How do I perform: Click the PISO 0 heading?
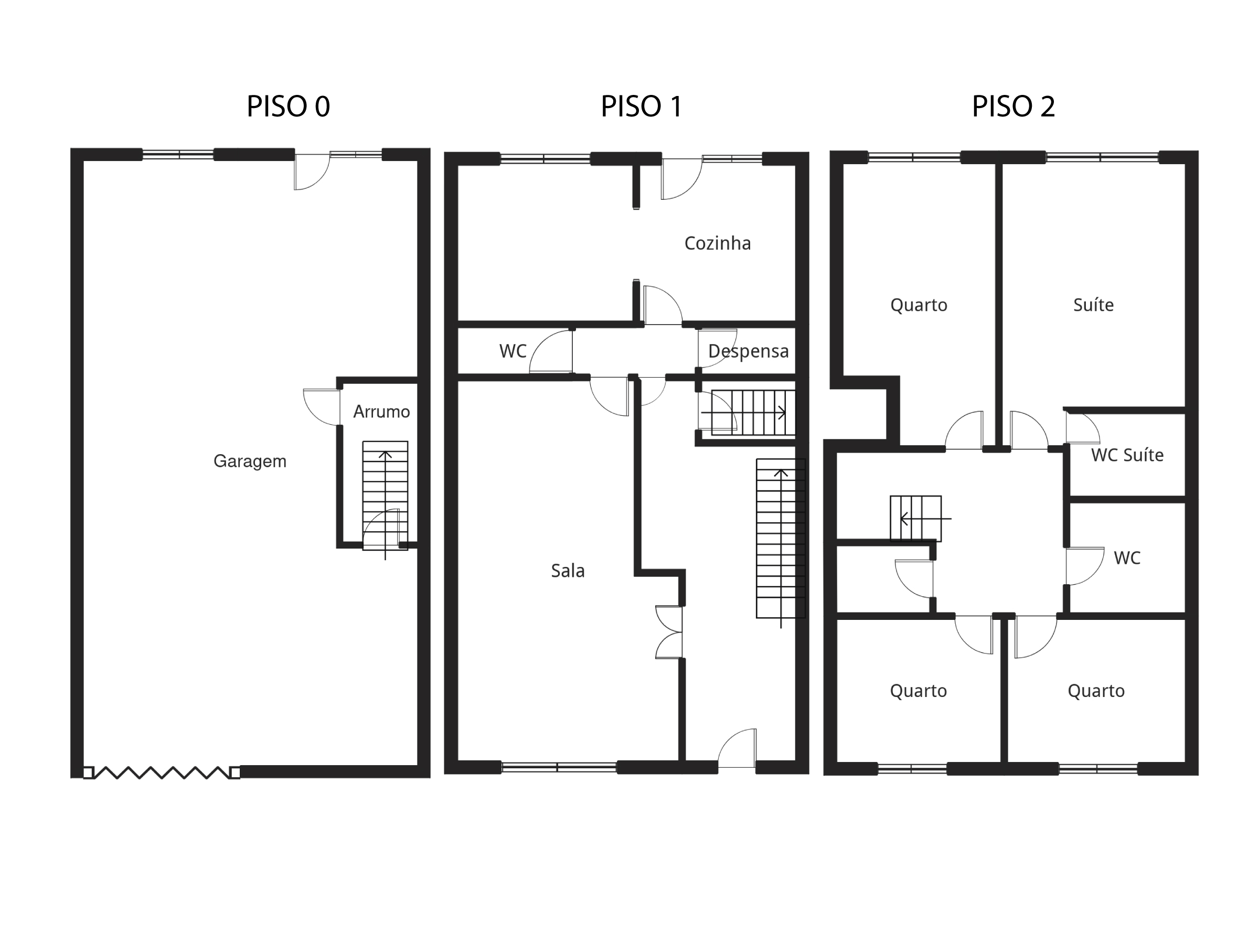point(288,106)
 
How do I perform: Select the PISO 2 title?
point(1013,106)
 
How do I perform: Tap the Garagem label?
point(250,461)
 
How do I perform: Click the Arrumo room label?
point(381,411)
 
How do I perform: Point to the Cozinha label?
point(717,243)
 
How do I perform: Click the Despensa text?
point(748,351)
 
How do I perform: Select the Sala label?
point(568,571)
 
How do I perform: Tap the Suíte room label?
point(1093,305)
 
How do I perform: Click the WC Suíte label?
point(1127,455)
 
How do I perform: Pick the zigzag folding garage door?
point(162,772)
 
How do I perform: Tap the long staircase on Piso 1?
point(781,538)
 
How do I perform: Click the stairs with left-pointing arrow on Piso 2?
point(915,518)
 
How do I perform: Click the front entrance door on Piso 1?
point(737,750)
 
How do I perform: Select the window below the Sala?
point(558,768)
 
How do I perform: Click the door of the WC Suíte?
point(1081,428)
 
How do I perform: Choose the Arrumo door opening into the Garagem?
point(322,406)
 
